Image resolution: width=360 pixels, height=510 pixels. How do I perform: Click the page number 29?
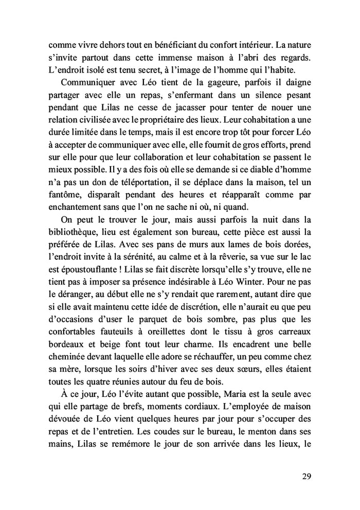pyautogui.click(x=306, y=476)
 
